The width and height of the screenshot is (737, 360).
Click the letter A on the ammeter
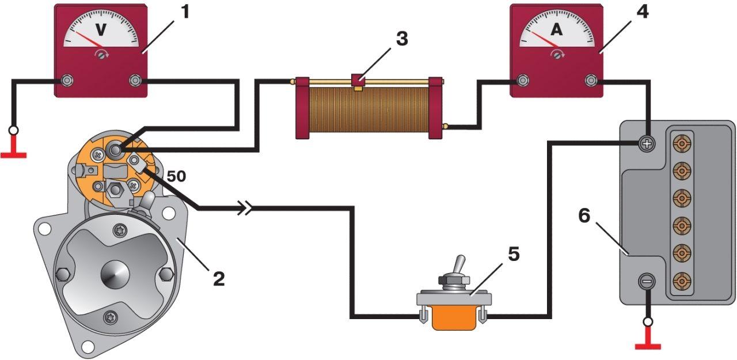tap(556, 30)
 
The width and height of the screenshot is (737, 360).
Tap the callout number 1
tap(184, 12)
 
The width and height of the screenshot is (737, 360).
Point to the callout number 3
tap(401, 39)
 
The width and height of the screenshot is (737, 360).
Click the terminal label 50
tap(176, 176)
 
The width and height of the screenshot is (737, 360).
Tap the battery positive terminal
tap(647, 143)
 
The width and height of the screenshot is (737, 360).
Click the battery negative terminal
tap(647, 282)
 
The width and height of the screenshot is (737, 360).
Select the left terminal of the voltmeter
tap(67, 80)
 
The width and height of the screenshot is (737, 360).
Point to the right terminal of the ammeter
tap(591, 80)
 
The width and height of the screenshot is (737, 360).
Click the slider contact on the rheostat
tap(358, 81)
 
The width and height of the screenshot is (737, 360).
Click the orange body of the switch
tap(453, 317)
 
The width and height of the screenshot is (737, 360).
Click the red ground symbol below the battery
tap(648, 346)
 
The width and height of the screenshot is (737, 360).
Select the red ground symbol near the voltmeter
tap(13, 154)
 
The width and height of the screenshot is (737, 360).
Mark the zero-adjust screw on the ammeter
tap(556, 54)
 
